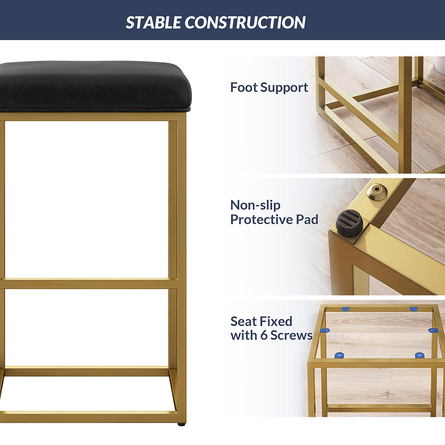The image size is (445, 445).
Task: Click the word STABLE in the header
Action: [x=154, y=22]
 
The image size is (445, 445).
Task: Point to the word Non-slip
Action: [x=255, y=205]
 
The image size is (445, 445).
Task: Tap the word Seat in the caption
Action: [x=243, y=321]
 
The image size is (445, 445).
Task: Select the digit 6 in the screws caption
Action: [x=264, y=336]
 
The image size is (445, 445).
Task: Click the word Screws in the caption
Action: [x=291, y=336]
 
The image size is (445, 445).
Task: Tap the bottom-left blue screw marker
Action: [x=339, y=355]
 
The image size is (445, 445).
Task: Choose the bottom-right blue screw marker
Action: [x=420, y=355]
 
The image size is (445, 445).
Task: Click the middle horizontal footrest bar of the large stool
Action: [x=89, y=283]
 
